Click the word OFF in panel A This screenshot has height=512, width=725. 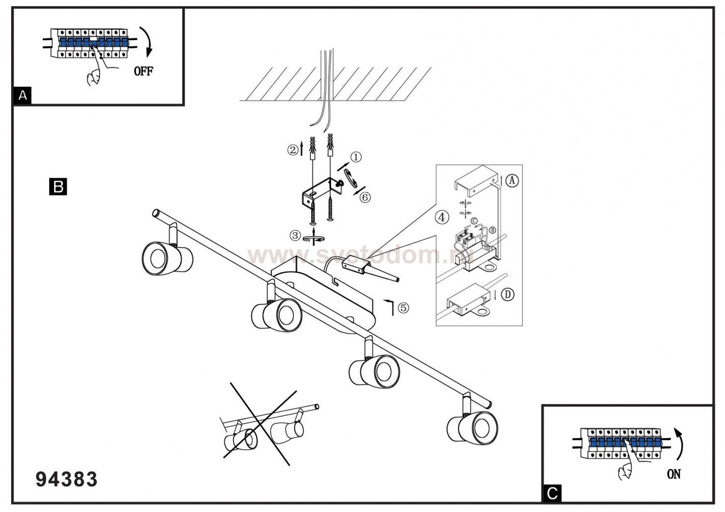[x=144, y=71]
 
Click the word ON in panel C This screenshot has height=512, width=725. [x=673, y=474]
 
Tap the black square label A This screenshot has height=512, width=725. [x=22, y=96]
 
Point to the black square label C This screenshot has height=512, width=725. [x=552, y=493]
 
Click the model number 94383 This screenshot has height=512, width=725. [x=67, y=479]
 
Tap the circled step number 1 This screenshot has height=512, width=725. [x=356, y=157]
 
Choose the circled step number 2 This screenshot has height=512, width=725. [x=293, y=150]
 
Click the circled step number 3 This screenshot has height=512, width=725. [x=295, y=236]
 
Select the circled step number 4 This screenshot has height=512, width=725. [x=442, y=217]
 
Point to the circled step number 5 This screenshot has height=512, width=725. [x=403, y=307]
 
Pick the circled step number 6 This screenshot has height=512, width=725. [x=365, y=197]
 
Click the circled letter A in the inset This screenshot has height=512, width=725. [x=512, y=181]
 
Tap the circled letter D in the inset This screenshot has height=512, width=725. [x=507, y=295]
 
